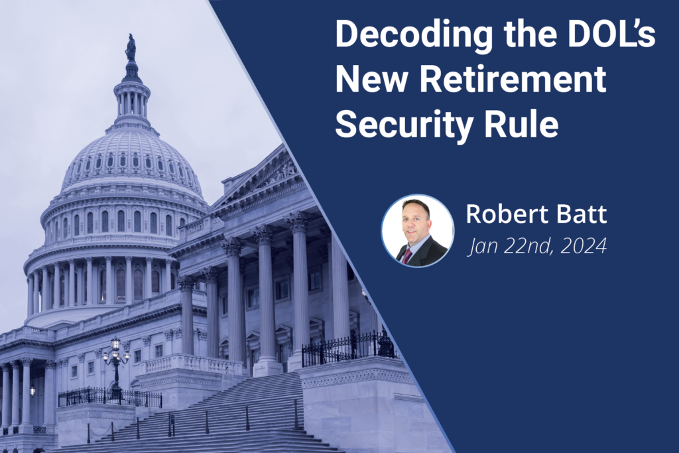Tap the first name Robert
pos(500,214)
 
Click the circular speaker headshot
pos(418,230)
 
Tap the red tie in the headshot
pos(407,256)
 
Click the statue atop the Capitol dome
pos(131,48)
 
